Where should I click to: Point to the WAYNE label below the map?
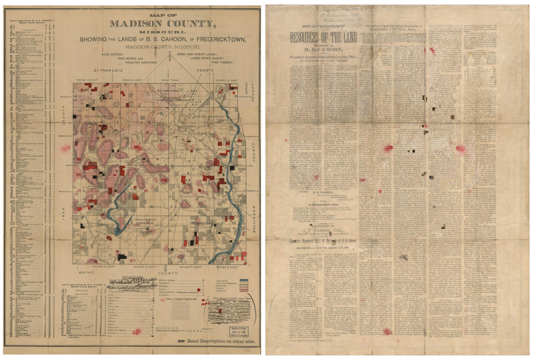85,273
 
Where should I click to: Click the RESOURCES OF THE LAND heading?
323,37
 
